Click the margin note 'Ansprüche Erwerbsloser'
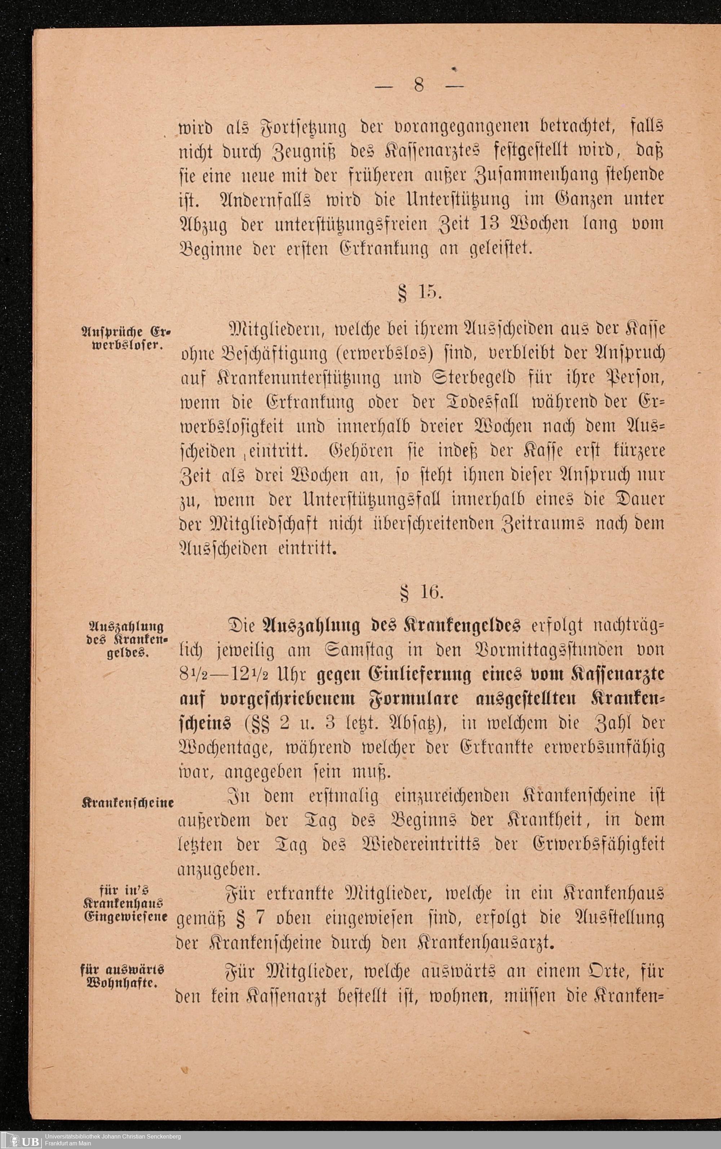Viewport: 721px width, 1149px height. tap(127, 338)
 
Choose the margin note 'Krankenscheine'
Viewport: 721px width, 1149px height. tap(128, 803)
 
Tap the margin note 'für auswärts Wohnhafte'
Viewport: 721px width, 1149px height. tap(123, 976)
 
